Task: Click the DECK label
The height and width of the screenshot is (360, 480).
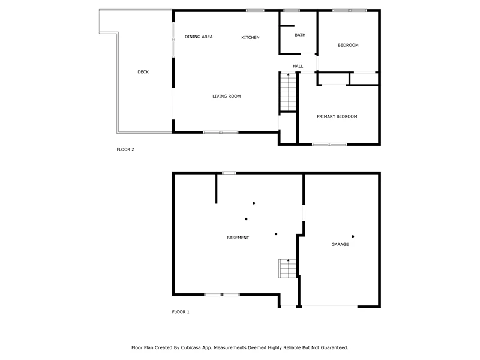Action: pos(143,72)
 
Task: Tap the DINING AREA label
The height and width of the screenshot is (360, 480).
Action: pos(199,37)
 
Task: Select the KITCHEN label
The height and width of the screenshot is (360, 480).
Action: pos(250,37)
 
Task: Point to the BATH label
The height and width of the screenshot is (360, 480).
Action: pos(300,35)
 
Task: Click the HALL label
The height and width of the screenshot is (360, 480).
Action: pos(298,66)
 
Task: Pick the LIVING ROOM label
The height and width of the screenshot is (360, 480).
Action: pos(227,96)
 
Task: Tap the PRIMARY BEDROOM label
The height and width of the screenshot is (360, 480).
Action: pos(337,116)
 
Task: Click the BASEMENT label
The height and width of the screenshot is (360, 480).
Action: pos(238,238)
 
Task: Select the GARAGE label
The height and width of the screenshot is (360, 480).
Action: pos(340,244)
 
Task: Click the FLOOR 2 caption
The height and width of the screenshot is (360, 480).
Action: pos(125,149)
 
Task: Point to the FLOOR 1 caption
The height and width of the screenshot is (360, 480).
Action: pos(181,312)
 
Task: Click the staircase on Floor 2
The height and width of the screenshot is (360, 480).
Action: pos(288,92)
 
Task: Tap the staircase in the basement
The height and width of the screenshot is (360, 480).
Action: pos(287,268)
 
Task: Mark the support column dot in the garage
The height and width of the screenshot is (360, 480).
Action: pos(353,236)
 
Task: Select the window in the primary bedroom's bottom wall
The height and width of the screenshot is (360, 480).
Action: pos(329,144)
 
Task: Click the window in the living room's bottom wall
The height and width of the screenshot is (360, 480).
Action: pos(221,132)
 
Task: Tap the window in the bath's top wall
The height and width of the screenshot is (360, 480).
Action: pos(292,10)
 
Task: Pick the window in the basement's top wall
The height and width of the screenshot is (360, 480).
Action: pos(229,173)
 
